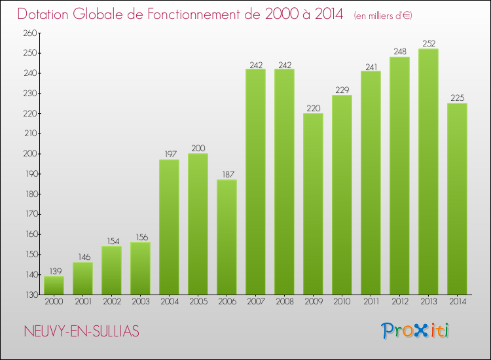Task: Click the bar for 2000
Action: (x=54, y=285)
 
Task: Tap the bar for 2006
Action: (x=227, y=237)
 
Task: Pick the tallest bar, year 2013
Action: (x=428, y=171)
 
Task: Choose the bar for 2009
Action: (x=313, y=204)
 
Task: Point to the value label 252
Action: (x=428, y=44)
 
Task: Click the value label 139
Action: (x=54, y=272)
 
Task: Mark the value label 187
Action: (x=227, y=175)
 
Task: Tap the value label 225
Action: (x=457, y=98)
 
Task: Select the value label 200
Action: (x=198, y=149)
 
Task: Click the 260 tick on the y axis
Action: (x=31, y=33)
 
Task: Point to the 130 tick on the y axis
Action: (x=31, y=295)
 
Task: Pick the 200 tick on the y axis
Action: (x=31, y=154)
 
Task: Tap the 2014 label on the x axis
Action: (x=457, y=302)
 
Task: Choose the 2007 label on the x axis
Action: (x=255, y=302)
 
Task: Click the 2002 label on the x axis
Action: (x=111, y=302)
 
